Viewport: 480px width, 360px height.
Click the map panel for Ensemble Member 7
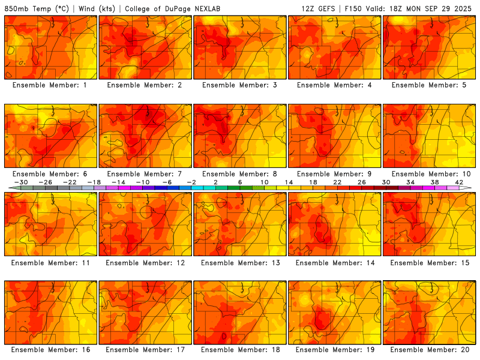pyautogui.click(x=145, y=136)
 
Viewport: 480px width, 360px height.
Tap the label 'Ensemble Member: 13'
pyautogui.click(x=241, y=262)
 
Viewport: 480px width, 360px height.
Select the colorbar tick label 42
pyautogui.click(x=459, y=182)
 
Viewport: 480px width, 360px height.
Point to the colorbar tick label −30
pyautogui.click(x=21, y=182)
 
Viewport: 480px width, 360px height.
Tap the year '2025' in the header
pyautogui.click(x=464, y=9)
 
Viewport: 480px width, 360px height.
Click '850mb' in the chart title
pyautogui.click(x=16, y=9)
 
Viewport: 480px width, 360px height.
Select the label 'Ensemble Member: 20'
pyautogui.click(x=430, y=350)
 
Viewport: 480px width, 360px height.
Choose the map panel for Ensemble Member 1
pyautogui.click(x=50, y=47)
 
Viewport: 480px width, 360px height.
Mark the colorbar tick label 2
pyautogui.click(x=215, y=182)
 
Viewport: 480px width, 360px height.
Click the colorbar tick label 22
pyautogui.click(x=337, y=182)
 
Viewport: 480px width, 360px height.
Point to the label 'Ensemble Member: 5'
pyautogui.click(x=430, y=85)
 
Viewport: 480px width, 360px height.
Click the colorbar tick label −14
pyautogui.click(x=118, y=182)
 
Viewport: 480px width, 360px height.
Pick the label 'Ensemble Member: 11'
pyautogui.click(x=50, y=262)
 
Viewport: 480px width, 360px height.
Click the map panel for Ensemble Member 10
pyautogui.click(x=430, y=136)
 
